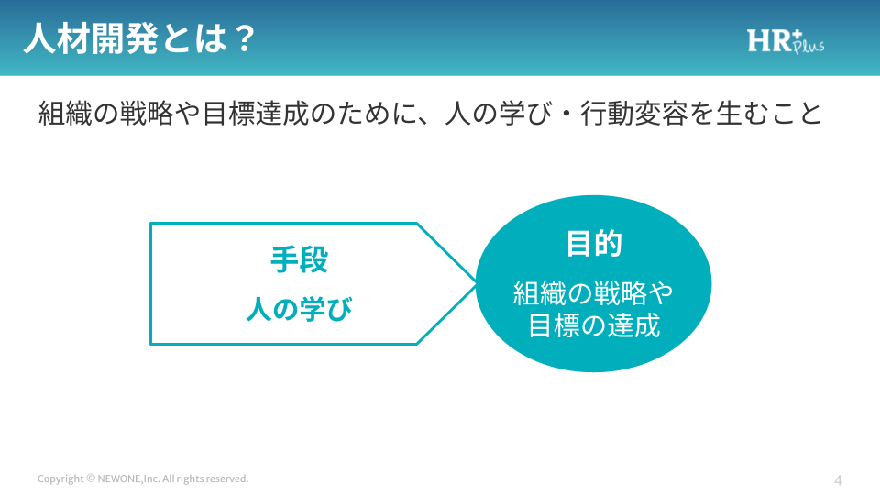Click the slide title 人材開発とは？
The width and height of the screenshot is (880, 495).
[139, 38]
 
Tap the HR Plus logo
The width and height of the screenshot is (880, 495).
[786, 41]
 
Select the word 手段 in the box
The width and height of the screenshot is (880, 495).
[299, 259]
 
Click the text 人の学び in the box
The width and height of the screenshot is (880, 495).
[299, 309]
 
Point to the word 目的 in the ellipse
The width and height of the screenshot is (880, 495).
[594, 244]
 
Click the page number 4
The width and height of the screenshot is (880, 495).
[838, 480]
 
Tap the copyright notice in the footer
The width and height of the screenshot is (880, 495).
[143, 478]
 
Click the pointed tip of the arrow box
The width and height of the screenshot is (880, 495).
[476, 284]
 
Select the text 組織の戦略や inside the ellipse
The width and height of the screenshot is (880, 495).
[593, 293]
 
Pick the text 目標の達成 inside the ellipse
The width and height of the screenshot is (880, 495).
[594, 325]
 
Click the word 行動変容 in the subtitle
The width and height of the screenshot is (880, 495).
[634, 114]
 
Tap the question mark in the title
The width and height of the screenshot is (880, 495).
[244, 38]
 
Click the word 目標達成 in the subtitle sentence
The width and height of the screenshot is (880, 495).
[256, 114]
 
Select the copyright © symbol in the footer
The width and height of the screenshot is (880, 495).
[91, 478]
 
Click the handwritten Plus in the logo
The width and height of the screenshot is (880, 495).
[808, 45]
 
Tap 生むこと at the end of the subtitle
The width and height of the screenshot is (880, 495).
[769, 114]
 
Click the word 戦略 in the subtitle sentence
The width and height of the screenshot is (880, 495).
[147, 114]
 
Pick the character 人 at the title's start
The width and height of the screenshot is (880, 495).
[40, 38]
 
